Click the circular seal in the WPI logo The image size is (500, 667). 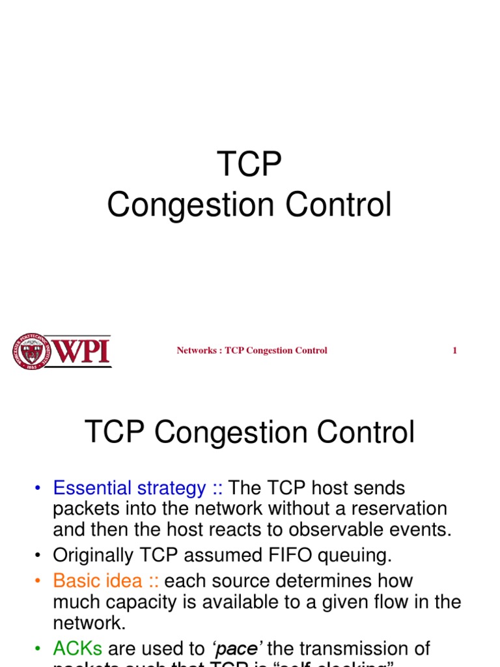pos(31,351)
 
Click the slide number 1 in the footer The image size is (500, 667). pos(454,350)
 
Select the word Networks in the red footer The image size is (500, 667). pos(196,350)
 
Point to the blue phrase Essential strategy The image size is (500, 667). pos(129,488)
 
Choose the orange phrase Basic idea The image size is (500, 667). pos(98,580)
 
